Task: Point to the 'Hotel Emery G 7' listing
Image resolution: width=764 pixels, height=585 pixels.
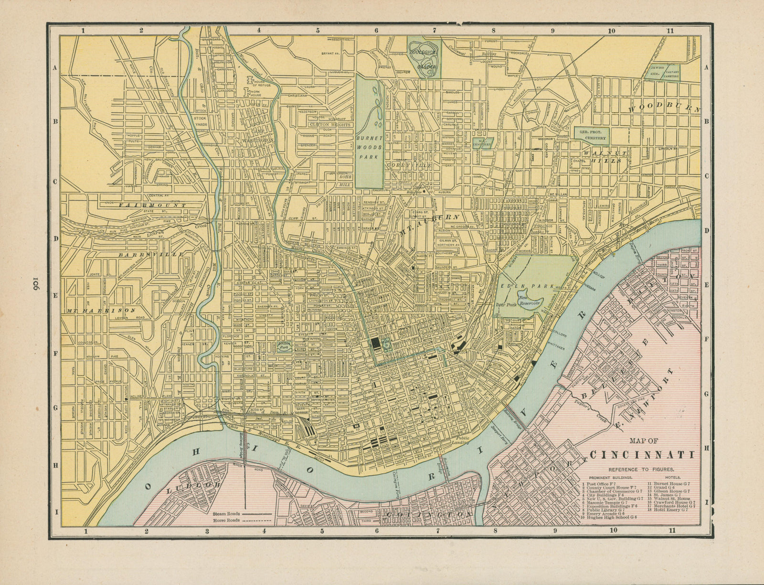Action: click(x=671, y=509)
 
